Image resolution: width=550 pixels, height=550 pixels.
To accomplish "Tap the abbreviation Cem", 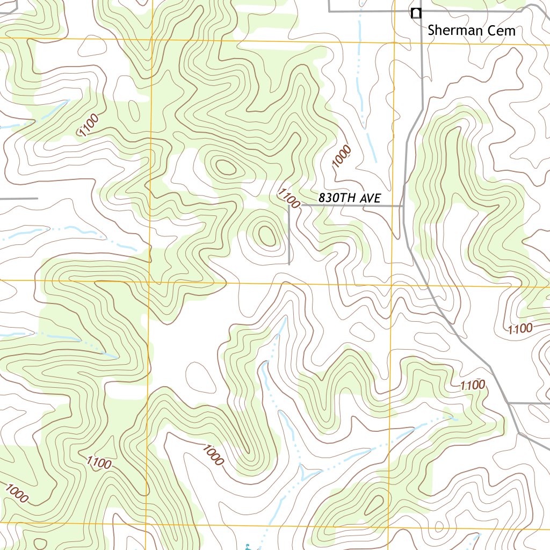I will coord(502,31).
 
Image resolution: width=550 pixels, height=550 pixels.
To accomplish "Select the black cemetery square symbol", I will coord(415,13).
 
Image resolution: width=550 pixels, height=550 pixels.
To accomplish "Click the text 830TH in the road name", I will coord(338,198).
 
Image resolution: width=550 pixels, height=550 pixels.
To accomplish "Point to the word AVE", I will coord(371,198).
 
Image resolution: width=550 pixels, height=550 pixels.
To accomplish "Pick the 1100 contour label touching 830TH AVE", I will coord(289,197).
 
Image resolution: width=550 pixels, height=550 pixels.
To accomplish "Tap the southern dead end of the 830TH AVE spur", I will coord(289,264).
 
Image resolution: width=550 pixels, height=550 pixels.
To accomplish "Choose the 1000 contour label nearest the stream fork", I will coord(213,455).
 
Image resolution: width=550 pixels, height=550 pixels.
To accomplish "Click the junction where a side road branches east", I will coord(508,402).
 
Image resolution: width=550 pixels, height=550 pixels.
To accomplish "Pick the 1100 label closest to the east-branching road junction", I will coord(473,385).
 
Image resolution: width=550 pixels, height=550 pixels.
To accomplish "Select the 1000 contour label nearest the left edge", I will coord(16,494).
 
